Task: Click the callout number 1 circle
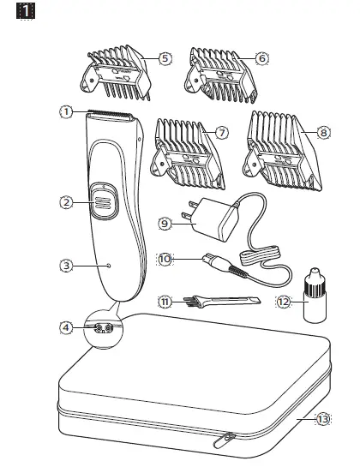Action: point(65,111)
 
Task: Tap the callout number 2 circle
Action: point(65,203)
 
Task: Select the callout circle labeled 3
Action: point(65,266)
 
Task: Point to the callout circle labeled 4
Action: point(65,326)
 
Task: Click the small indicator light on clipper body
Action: point(108,266)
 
